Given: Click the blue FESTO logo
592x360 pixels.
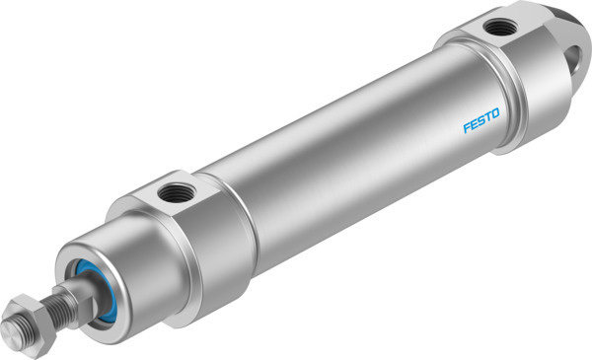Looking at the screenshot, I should [x=481, y=122].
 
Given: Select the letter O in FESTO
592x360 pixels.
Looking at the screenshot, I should [x=495, y=116].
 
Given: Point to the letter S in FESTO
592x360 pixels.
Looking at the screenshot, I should [x=481, y=122].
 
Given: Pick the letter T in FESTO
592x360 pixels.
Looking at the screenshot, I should [x=487, y=119].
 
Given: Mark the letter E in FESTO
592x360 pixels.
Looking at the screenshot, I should [x=473, y=125].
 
